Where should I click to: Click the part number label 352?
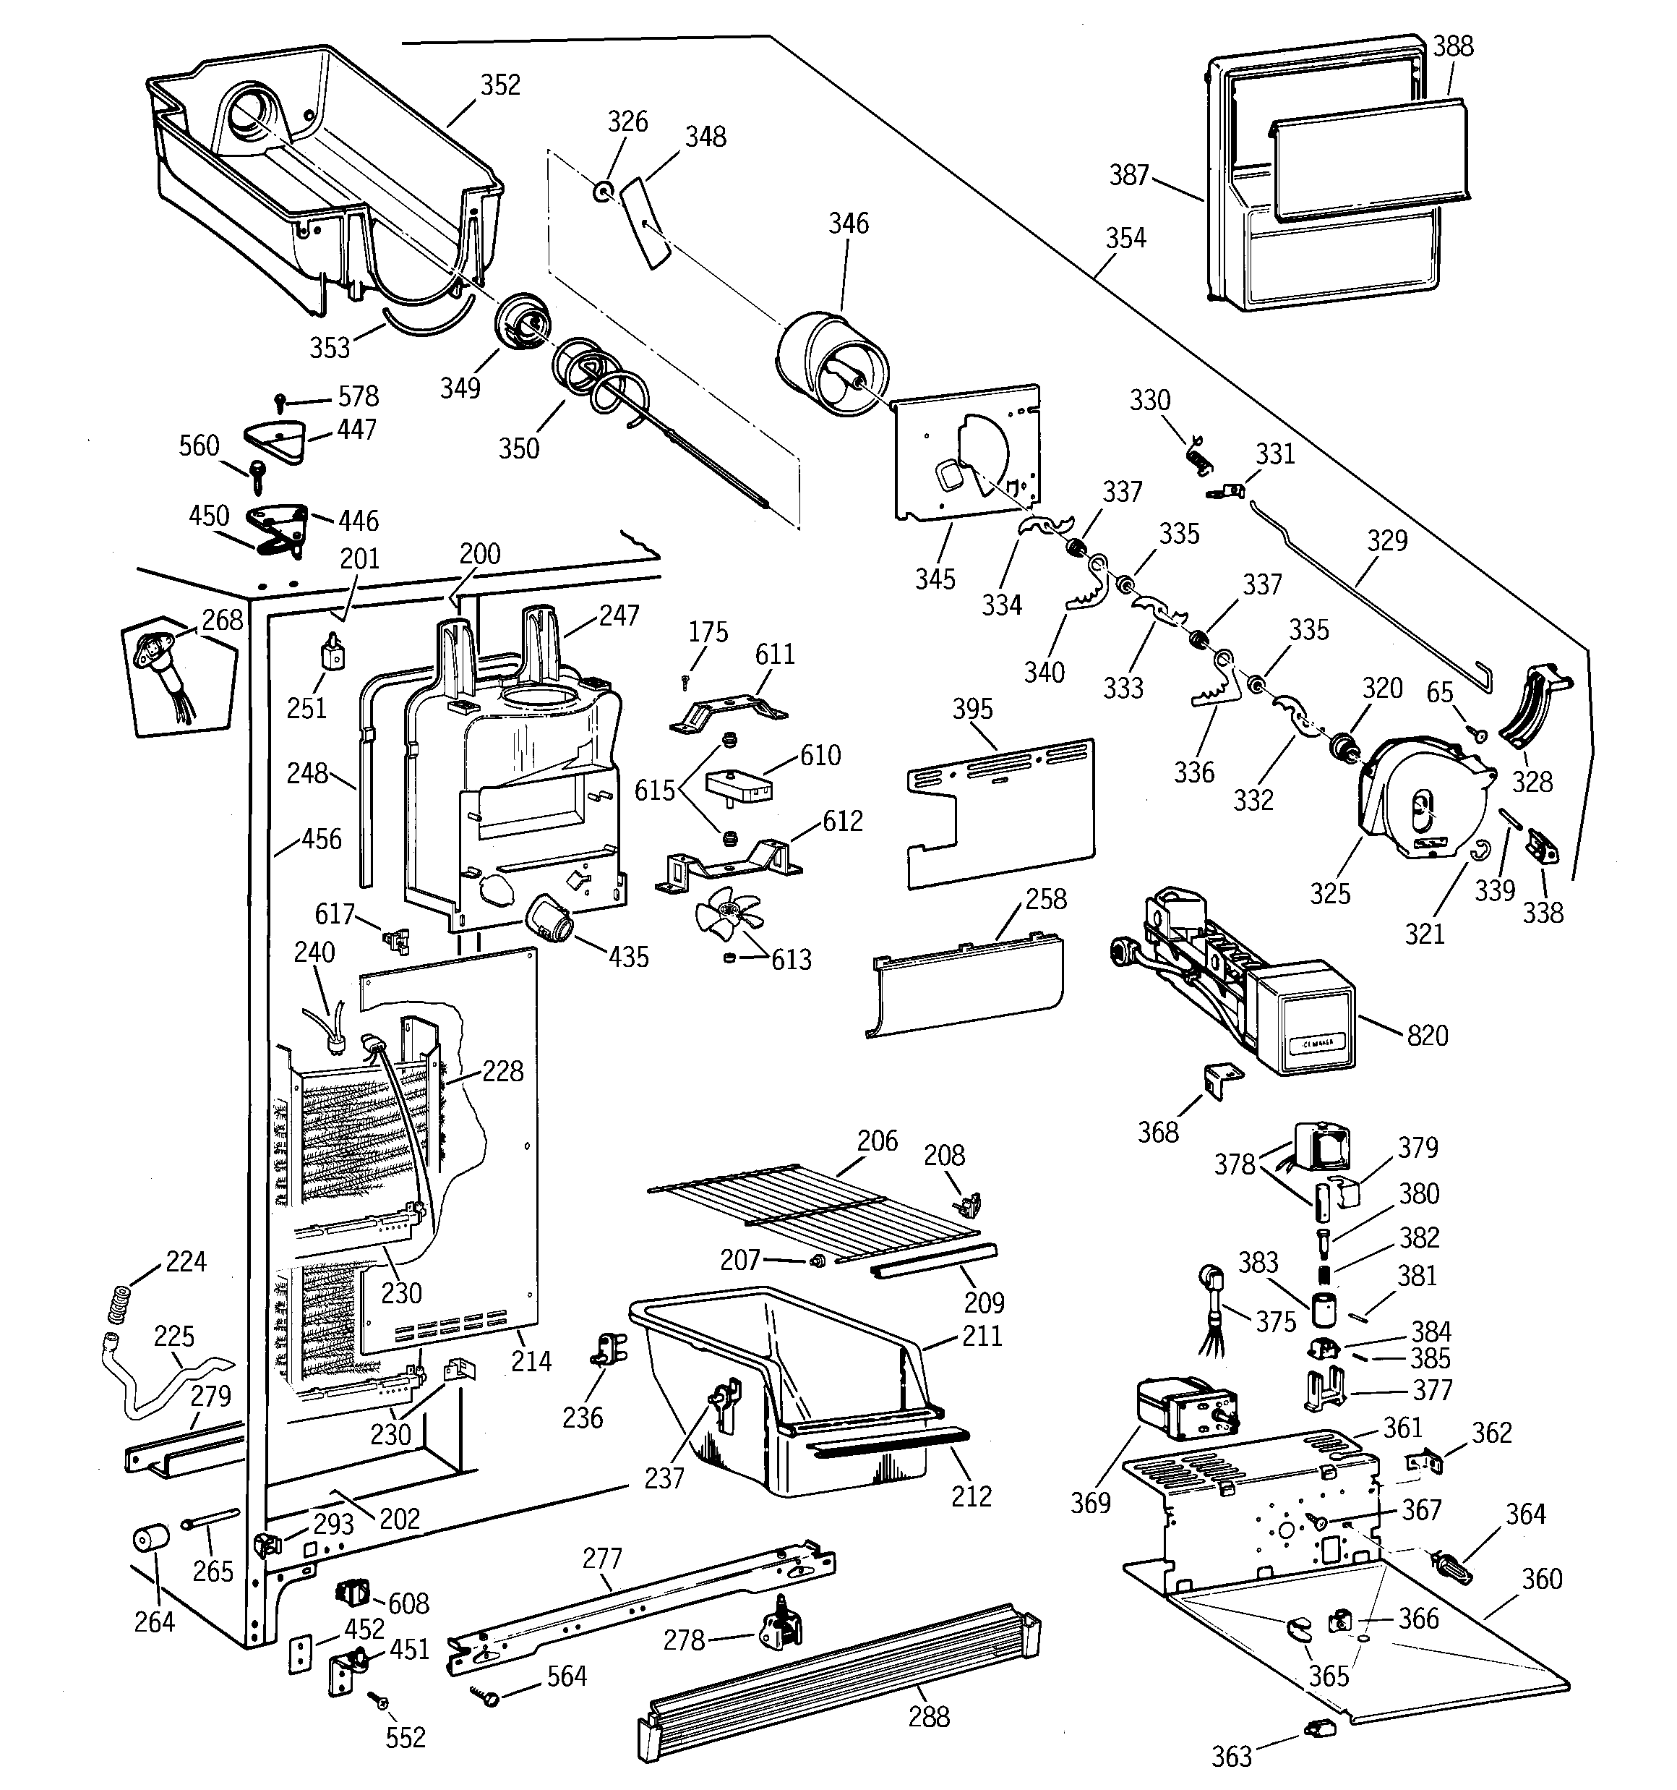(499, 85)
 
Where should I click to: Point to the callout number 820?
(1428, 1036)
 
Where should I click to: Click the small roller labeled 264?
(151, 1540)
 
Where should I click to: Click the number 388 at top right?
(1453, 47)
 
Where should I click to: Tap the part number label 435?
(628, 957)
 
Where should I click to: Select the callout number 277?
(602, 1558)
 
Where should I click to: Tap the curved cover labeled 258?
(968, 986)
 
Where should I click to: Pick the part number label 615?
(654, 790)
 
